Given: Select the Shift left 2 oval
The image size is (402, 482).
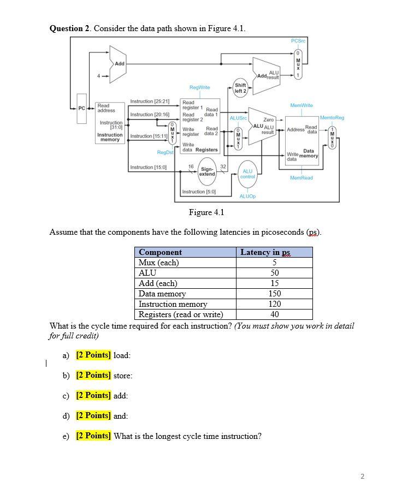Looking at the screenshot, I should point(240,87).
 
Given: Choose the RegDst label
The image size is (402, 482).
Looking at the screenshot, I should point(164,152).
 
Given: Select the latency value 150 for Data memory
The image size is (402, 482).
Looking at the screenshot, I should point(275,294).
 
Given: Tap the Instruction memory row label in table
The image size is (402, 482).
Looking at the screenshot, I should point(173,304).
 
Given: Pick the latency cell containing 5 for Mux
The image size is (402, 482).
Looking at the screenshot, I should point(275,263).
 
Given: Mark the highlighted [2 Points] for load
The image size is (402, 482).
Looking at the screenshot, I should point(93,355).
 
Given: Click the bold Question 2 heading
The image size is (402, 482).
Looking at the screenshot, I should point(70,29).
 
